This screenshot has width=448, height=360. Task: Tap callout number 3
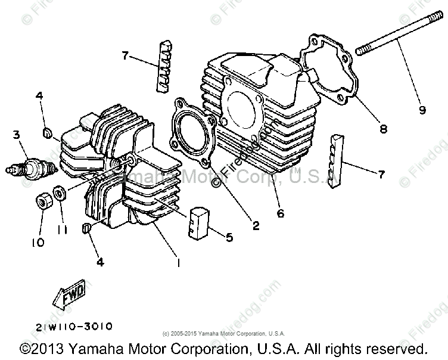click(x=16, y=135)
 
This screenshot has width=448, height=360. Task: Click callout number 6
click(x=279, y=212)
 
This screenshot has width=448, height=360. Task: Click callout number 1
click(x=176, y=260)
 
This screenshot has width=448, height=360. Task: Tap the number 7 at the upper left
click(x=125, y=55)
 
